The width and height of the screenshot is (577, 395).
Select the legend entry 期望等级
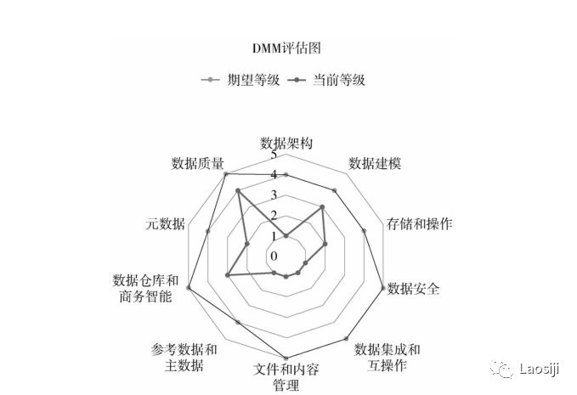pyautogui.click(x=240, y=80)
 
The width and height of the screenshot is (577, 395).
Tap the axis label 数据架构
pyautogui.click(x=286, y=143)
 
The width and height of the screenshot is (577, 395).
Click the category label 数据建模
pyautogui.click(x=375, y=163)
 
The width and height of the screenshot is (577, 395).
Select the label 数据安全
pyautogui.click(x=414, y=289)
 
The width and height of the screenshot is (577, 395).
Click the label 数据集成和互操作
pyautogui.click(x=387, y=357)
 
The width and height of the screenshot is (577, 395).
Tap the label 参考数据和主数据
pyautogui.click(x=184, y=358)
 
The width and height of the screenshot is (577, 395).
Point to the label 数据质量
pyautogui.click(x=197, y=163)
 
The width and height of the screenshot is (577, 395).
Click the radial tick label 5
pyautogui.click(x=274, y=155)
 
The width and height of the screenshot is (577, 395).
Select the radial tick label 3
pyautogui.click(x=274, y=196)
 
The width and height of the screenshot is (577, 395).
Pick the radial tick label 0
pyautogui.click(x=274, y=256)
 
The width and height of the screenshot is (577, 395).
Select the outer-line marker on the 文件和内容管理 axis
pyautogui.click(x=286, y=358)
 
